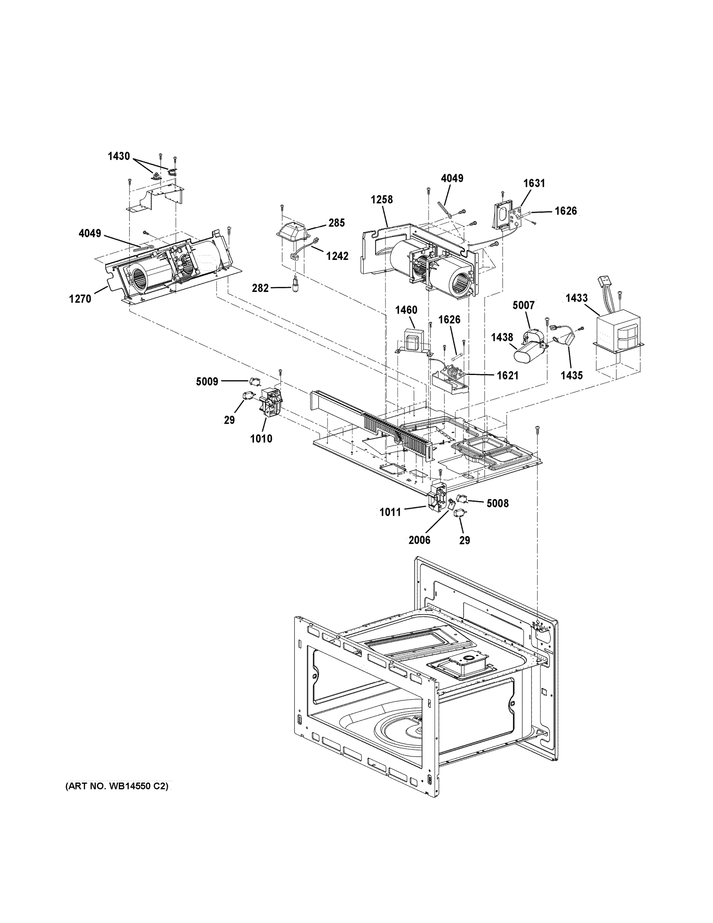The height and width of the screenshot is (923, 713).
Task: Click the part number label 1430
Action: [x=118, y=157]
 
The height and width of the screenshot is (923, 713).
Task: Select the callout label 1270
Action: [x=80, y=299]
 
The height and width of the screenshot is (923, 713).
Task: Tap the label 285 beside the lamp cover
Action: [x=337, y=223]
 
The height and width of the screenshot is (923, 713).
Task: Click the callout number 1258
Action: [x=382, y=200]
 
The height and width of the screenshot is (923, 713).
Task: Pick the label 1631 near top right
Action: [x=534, y=183]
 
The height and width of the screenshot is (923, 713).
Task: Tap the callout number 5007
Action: [x=524, y=305]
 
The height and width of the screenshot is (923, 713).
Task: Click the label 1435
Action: [x=572, y=375]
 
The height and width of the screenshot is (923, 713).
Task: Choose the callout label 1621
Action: [x=507, y=375]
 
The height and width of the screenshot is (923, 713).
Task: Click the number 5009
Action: [x=207, y=382]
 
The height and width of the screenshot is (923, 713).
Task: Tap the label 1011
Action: [x=390, y=512]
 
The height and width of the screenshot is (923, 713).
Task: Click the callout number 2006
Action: [x=419, y=540]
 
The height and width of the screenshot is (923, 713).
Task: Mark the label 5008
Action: [x=498, y=503]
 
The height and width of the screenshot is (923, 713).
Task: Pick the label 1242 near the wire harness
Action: [x=337, y=256]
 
